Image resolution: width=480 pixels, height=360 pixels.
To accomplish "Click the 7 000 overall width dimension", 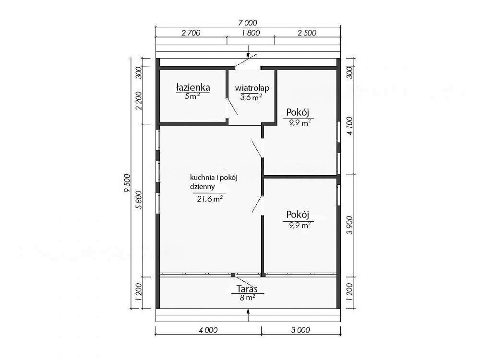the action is click(x=248, y=23).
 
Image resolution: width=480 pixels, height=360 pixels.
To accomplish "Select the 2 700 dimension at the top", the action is click(x=191, y=33).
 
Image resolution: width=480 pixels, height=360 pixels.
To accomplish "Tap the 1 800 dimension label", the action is click(x=251, y=33).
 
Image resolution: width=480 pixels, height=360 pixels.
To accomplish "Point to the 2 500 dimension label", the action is click(x=307, y=33).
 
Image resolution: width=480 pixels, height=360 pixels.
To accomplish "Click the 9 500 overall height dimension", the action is click(x=127, y=183).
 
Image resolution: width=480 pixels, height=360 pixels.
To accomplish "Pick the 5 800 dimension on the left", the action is click(x=139, y=200).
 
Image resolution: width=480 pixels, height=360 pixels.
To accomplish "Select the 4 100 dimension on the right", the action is click(x=349, y=125).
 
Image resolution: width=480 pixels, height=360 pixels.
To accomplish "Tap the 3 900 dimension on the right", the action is click(x=349, y=225).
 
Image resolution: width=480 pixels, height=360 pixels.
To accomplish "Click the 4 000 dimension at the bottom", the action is click(x=208, y=330).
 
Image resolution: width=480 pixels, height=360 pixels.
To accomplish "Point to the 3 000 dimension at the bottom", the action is click(x=300, y=330).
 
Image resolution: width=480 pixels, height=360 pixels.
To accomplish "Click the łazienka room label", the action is click(x=193, y=87).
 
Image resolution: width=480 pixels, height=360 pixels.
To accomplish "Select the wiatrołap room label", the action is click(x=252, y=88).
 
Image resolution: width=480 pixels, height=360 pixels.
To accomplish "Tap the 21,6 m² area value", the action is click(x=210, y=199).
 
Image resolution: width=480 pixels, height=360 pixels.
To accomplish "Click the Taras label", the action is click(x=247, y=288).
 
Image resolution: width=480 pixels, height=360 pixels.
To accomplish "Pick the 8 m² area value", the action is click(x=248, y=297).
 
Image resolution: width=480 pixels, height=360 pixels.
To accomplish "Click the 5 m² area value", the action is click(x=192, y=96).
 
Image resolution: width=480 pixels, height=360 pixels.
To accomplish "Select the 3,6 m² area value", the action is click(x=251, y=97).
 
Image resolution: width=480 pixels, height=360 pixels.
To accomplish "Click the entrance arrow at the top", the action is click(x=248, y=53).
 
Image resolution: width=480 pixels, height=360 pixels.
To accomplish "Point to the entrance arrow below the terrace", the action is click(x=248, y=315).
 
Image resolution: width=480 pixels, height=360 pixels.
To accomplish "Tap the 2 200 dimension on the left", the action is click(x=139, y=101).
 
